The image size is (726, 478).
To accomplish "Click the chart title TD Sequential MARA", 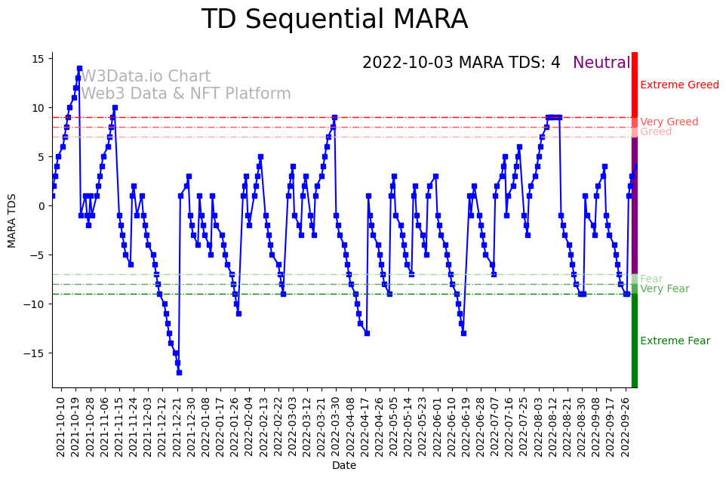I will (334, 20).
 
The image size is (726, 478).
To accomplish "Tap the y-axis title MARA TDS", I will (12, 220).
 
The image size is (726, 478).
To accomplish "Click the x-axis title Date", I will (344, 466).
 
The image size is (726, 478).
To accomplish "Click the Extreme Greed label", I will (679, 85).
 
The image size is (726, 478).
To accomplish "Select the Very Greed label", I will (669, 122).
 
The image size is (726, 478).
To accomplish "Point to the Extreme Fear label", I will (675, 341).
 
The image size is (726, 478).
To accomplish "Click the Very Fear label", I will (664, 289).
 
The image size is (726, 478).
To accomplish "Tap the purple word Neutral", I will (601, 63).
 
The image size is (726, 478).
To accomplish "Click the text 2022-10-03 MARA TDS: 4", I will (461, 63).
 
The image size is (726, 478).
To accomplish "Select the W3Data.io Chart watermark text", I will (146, 77).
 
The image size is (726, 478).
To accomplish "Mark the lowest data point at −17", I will (179, 372).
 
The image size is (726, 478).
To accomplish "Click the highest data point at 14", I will (79, 69).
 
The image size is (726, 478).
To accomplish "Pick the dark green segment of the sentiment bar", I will (635, 340).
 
